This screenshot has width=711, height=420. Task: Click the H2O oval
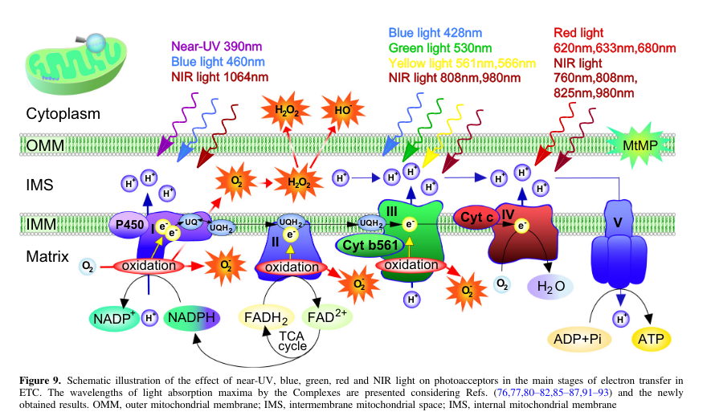550,284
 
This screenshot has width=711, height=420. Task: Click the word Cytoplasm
63,113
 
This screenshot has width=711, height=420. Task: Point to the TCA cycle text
292,340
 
